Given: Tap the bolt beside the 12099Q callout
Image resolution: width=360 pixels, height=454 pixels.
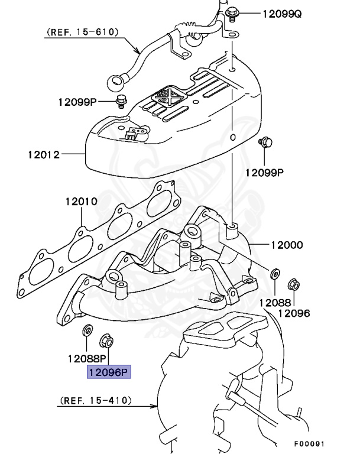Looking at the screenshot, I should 232,10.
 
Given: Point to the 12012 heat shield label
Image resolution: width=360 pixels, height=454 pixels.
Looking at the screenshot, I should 43,155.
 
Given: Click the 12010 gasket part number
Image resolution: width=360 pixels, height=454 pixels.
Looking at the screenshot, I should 81,202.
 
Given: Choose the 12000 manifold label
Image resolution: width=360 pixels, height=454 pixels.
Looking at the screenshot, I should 287,245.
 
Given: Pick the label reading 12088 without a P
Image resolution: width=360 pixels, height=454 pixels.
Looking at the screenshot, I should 275,302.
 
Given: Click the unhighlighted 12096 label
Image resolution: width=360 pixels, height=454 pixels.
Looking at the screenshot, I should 294,313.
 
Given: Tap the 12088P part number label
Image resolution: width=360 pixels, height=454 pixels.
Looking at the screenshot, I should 86,358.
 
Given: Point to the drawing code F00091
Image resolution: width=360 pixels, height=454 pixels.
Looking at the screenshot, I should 309,442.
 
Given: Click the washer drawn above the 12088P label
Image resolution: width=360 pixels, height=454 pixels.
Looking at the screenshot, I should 86,330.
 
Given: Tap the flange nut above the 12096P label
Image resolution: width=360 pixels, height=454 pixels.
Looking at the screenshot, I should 107,340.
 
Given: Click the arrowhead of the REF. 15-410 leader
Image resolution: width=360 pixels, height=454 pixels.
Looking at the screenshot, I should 158,406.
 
